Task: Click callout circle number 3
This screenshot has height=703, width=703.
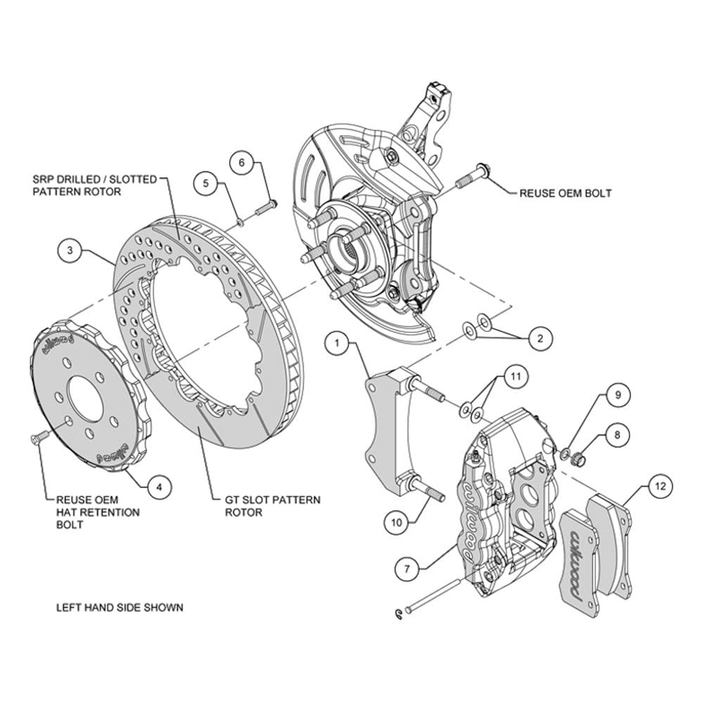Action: point(70,250)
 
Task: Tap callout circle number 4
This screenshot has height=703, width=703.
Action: point(160,486)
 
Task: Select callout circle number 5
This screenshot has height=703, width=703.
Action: point(206,183)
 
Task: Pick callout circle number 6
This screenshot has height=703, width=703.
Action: point(242,162)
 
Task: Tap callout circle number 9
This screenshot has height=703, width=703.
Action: point(618,395)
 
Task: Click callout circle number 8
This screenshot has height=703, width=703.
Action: point(617,434)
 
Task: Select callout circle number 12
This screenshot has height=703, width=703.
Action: point(661,486)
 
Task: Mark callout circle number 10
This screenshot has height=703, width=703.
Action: point(396,522)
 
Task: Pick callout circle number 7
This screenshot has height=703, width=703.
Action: point(407,569)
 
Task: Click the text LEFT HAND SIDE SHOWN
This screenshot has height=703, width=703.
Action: point(120,607)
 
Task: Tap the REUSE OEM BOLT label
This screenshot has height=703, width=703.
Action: point(565,193)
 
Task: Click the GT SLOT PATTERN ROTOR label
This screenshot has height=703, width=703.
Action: point(273,505)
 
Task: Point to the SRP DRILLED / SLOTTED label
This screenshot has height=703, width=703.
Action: point(95,179)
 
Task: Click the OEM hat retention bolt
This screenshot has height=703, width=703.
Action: point(39,437)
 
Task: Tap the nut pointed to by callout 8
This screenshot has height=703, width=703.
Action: point(579,458)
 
